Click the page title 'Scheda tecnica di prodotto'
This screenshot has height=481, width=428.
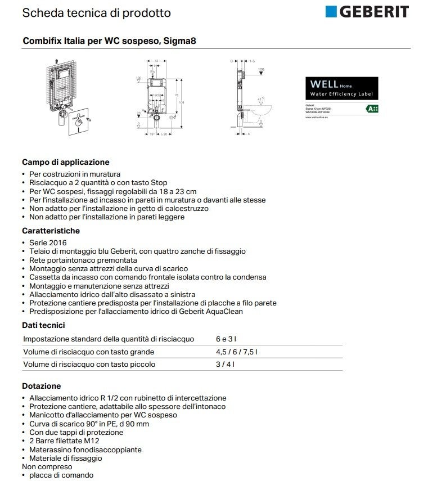point(96,12)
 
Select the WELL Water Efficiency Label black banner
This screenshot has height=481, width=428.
point(341,88)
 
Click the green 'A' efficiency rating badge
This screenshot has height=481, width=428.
point(372,108)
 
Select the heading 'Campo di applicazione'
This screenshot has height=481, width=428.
point(65,162)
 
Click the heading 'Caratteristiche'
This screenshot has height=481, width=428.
point(51,231)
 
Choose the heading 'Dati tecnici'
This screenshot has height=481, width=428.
point(43,325)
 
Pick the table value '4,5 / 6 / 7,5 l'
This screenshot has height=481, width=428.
point(236,352)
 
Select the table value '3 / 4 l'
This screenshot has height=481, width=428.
point(225,364)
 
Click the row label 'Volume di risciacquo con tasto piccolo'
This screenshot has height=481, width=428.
point(89,364)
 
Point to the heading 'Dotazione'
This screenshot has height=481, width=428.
point(41,386)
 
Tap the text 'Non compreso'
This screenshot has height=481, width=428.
point(47,466)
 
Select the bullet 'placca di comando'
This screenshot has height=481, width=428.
point(61,475)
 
